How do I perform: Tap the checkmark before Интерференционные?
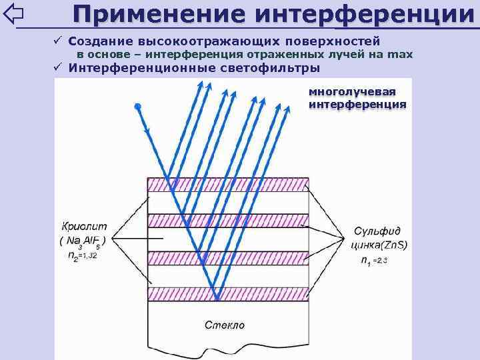click(59, 67)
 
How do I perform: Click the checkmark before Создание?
click(59, 41)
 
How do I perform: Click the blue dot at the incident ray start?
click(137, 106)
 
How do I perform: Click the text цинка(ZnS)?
click(378, 245)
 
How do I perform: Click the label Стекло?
click(224, 325)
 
